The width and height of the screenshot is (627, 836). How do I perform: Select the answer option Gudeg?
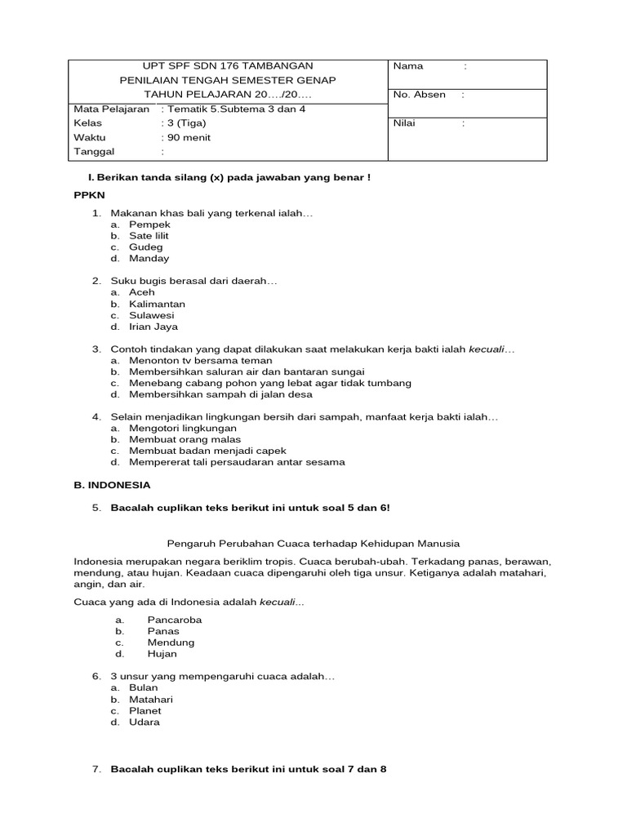point(145,247)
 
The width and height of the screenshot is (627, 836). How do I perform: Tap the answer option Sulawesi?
point(151,315)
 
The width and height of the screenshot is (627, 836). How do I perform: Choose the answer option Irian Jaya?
point(153,327)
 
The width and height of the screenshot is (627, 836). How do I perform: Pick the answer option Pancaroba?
point(174,620)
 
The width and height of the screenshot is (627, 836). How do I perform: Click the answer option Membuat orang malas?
point(185,439)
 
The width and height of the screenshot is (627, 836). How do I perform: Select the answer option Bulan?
point(143,687)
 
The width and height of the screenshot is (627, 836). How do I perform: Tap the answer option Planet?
point(145,710)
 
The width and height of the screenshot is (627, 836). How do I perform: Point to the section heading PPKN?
point(90,196)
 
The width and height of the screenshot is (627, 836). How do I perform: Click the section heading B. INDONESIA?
point(112,484)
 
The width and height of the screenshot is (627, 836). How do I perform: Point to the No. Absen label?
point(420,95)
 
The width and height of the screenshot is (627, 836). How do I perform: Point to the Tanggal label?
point(95,151)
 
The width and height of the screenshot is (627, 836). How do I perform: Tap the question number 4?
point(96,417)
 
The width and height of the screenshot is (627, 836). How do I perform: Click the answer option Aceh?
point(141,292)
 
